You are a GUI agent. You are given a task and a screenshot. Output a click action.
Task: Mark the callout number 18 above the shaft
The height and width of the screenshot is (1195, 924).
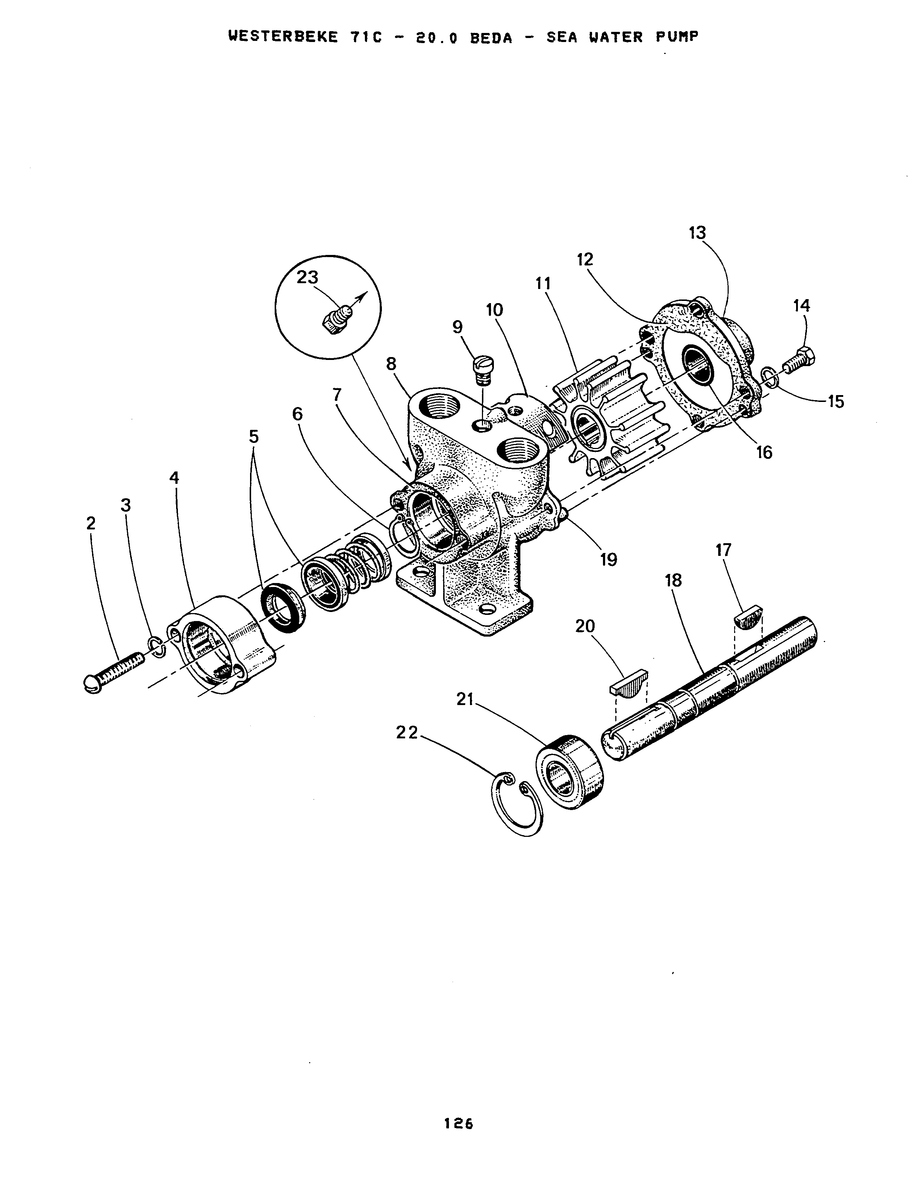(673, 580)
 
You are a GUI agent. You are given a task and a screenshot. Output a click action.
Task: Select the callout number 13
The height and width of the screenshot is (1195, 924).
(698, 232)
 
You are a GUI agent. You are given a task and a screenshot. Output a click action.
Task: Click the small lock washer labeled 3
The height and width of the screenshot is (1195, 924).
(158, 646)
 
